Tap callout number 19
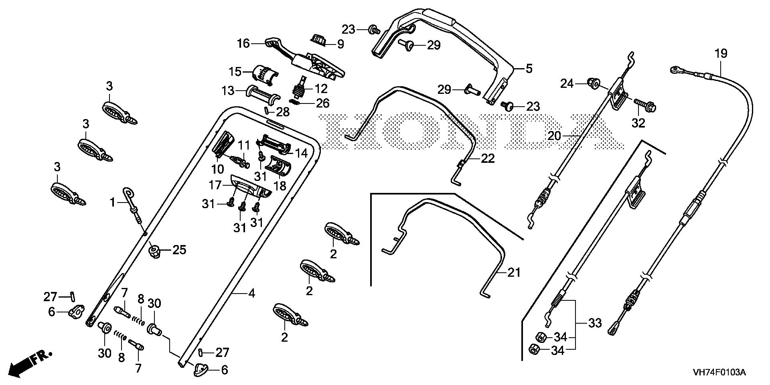(x=721, y=53)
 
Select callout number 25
(x=179, y=250)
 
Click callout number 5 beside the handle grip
(x=529, y=69)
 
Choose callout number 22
(x=488, y=158)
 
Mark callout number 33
(x=595, y=323)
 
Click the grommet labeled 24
(x=593, y=84)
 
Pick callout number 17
(x=215, y=185)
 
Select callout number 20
(x=555, y=136)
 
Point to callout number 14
(x=301, y=153)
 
